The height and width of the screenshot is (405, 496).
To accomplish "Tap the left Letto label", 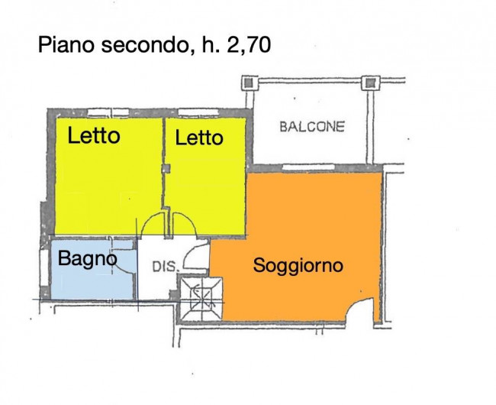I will (x=93, y=136).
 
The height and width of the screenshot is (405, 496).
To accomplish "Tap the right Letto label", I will (x=199, y=138).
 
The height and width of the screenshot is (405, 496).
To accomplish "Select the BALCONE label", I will (x=311, y=126).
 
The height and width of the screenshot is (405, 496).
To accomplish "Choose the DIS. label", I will (x=166, y=267).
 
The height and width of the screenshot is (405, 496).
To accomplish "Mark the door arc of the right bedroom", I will (x=182, y=225).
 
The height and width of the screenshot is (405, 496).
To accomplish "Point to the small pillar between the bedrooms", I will (x=166, y=167).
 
